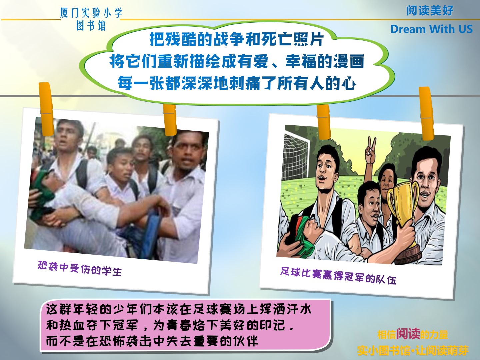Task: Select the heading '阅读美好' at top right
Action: tap(430, 10)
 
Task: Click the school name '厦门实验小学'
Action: tap(91, 13)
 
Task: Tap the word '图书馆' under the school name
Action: tap(91, 26)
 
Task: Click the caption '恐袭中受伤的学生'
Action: tap(80, 268)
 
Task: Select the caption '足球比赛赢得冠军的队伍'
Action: tap(338, 276)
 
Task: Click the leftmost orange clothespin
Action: tap(46, 109)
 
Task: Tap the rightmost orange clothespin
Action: tap(426, 113)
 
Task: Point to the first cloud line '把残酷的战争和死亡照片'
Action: tap(237, 39)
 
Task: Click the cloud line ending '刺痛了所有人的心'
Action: tap(237, 83)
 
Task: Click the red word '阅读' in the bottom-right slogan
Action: tap(408, 334)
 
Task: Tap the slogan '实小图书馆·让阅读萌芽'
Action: tap(413, 351)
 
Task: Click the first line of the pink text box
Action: tap(179, 310)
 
